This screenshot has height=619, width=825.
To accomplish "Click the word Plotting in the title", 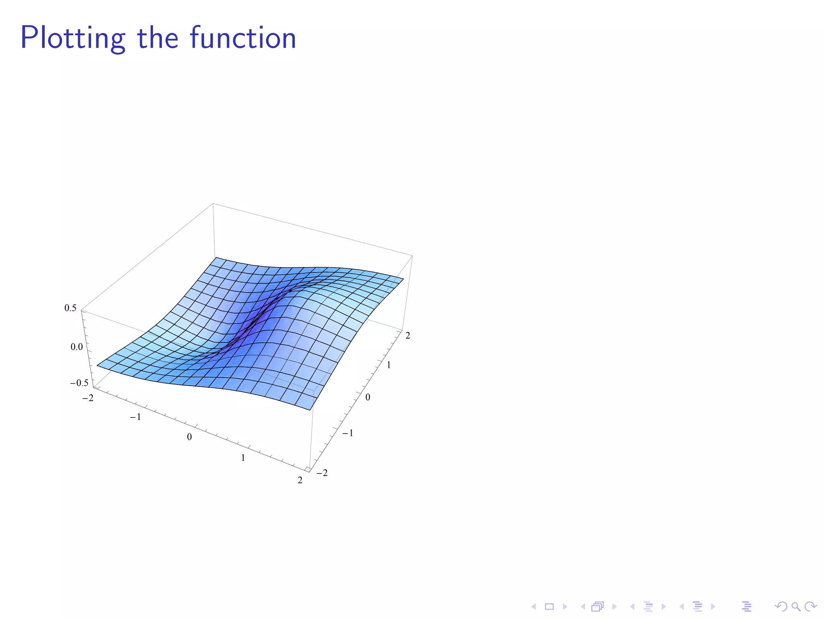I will coord(73,38).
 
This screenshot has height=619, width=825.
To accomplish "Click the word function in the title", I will coord(243,38).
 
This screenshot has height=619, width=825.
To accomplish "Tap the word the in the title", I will coord(158,38).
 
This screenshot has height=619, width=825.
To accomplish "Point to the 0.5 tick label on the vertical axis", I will coord(70,308).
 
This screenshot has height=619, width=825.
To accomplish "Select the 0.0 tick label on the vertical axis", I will coord(77,347).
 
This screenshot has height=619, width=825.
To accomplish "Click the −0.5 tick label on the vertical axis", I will coord(79,383).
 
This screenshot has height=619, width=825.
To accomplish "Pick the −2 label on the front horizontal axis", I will coord(88,398).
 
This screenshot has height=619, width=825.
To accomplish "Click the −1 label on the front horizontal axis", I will coord(135,417).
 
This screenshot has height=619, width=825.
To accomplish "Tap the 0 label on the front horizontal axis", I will coord(189,437).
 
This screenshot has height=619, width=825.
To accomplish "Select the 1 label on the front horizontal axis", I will coord(243,458).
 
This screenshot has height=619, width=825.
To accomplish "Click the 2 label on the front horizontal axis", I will coord(300,480).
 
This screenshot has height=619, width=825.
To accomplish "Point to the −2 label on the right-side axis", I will coord(322,473).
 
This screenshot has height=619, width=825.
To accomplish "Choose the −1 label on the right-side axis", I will coord(348,433).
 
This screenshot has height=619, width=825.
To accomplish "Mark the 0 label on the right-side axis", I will coord(368,397).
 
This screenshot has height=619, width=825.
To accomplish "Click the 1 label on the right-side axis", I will coord(389,365).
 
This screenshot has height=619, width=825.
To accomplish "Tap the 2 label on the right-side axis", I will coord(408,335).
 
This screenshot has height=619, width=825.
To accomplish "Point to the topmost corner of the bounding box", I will coord(213,204).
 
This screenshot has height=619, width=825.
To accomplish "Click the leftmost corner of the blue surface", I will coord(97,366).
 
